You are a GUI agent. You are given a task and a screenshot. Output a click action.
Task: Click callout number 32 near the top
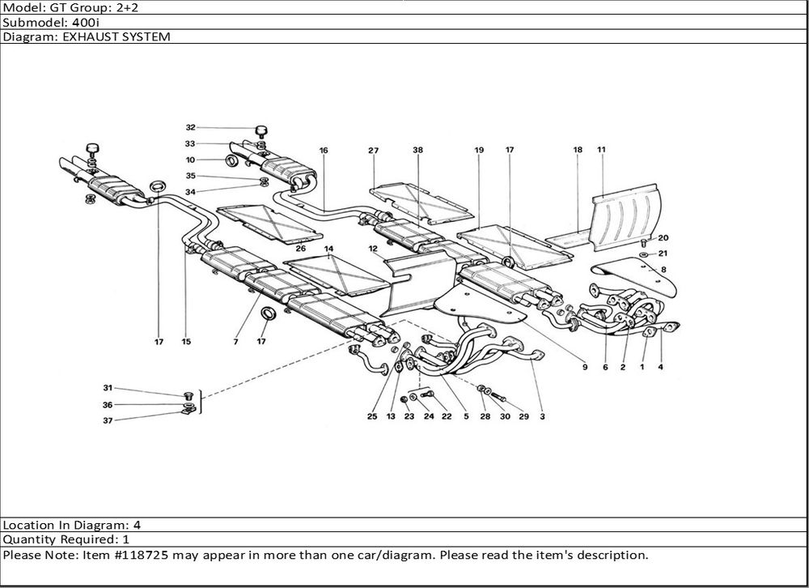191,127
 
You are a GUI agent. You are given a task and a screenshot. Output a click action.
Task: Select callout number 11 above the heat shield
601,150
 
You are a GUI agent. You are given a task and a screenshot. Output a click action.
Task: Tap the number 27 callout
373,151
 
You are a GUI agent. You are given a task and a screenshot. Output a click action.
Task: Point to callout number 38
417,151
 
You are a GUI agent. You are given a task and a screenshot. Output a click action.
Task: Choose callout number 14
328,249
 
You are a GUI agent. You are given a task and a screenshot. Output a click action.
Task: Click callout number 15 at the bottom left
186,342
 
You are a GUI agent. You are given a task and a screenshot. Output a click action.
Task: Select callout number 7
235,342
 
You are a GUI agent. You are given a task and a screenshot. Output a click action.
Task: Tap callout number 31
108,388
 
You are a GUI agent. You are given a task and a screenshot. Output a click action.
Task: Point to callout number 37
108,420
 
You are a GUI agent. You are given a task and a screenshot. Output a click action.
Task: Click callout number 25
372,416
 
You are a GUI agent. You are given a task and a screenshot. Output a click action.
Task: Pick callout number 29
523,416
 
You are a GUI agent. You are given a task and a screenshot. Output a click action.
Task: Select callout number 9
583,367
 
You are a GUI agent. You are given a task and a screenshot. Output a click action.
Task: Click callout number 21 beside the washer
663,254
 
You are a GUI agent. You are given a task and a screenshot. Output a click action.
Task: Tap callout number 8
663,269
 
